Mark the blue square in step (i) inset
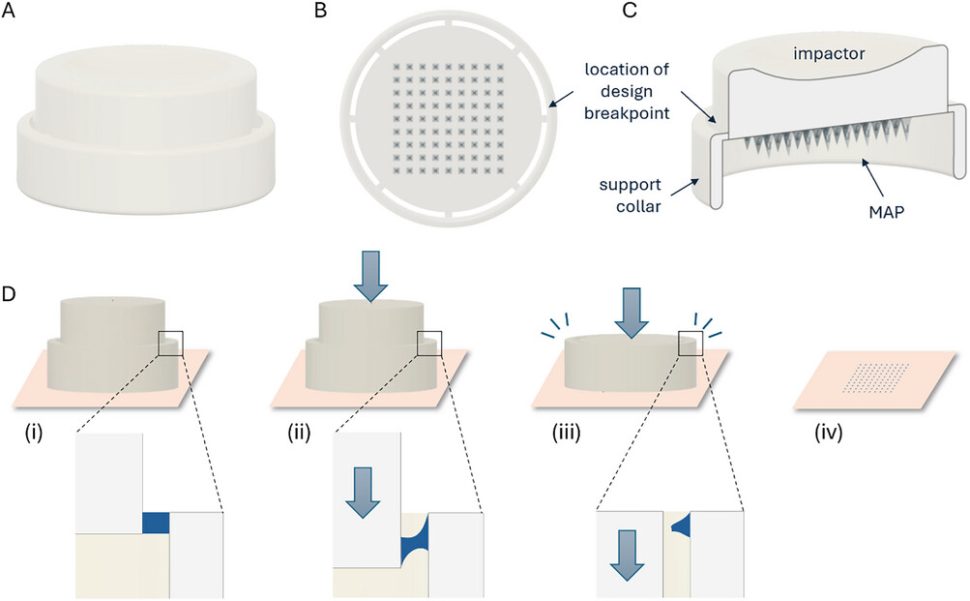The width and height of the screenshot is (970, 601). [156, 523]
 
